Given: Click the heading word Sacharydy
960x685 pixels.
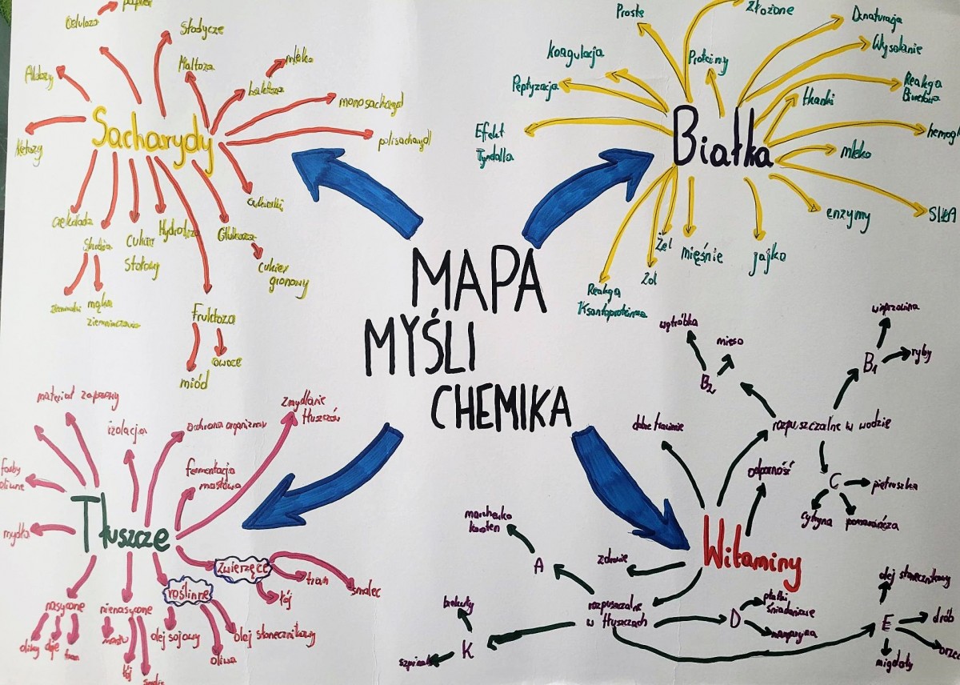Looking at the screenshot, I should (152, 138).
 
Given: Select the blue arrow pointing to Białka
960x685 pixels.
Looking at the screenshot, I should (587, 192).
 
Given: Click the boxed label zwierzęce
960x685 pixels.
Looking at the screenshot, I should (241, 569).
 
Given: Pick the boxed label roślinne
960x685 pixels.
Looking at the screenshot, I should (186, 594).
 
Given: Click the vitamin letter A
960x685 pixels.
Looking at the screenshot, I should (539, 567).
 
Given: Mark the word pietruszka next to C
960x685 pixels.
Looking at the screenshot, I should (897, 485).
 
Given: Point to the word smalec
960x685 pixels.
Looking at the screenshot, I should (365, 591).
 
